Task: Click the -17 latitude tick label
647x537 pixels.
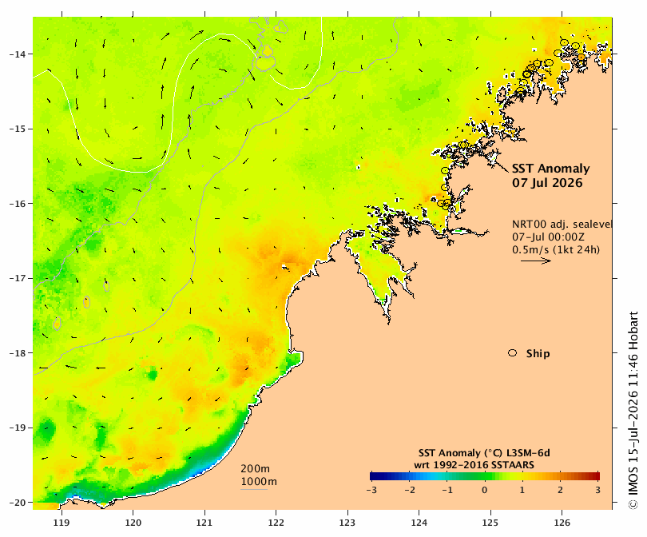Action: (17, 278)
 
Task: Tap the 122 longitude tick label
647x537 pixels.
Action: (276, 523)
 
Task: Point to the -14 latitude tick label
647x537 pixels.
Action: (17, 54)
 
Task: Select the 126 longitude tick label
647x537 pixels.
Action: (562, 523)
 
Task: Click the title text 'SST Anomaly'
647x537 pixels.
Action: (551, 169)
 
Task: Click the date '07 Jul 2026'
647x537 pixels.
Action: (547, 183)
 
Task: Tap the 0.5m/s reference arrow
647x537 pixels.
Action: (536, 261)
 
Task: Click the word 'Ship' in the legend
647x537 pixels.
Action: (538, 354)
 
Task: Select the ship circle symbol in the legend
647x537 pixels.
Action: (513, 353)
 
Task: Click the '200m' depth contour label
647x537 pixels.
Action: (256, 469)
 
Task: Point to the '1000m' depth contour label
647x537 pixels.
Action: (259, 482)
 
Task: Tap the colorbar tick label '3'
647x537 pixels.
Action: (597, 491)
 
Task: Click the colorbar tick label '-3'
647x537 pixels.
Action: (371, 491)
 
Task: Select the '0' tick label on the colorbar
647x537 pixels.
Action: (484, 491)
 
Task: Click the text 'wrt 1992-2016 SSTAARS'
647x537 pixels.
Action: (474, 465)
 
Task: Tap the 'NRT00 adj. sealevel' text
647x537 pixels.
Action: (562, 225)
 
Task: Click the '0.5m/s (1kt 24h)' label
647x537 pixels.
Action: (556, 249)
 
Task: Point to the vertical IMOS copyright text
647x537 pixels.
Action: (633, 410)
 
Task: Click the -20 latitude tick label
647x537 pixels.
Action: (17, 503)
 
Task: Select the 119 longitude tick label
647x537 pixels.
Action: (62, 523)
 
